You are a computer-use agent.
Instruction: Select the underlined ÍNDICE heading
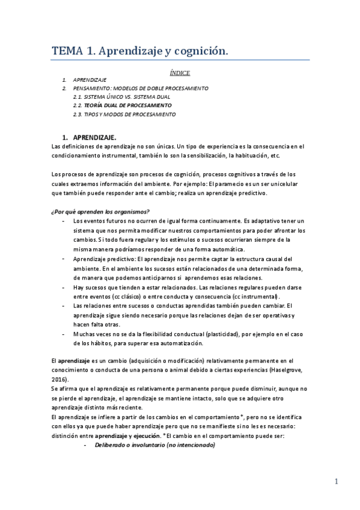[180, 73]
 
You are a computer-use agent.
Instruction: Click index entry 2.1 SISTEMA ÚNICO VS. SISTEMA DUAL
[121, 96]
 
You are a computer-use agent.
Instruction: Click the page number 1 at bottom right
[337, 481]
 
